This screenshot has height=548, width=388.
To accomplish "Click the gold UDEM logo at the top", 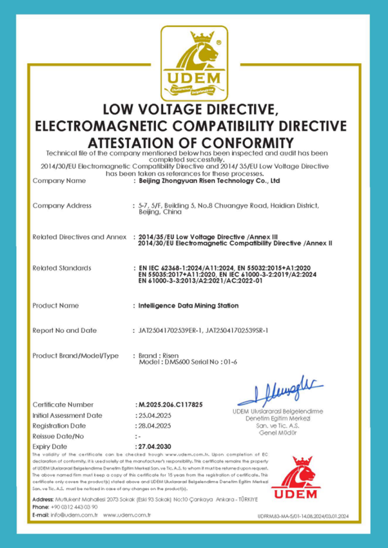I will [x=194, y=61].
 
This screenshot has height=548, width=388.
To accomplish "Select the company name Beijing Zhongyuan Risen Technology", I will [x=209, y=181].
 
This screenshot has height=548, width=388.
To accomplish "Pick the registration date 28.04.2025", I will [x=154, y=426].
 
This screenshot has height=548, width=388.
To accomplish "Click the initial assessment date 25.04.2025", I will [x=154, y=415].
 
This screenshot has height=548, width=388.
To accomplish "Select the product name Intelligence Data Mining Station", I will [x=188, y=305].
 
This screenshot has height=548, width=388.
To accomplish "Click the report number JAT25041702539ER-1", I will [x=171, y=331].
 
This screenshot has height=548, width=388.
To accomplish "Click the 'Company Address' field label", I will [x=62, y=205].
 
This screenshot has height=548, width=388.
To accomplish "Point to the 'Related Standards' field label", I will [x=62, y=268].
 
